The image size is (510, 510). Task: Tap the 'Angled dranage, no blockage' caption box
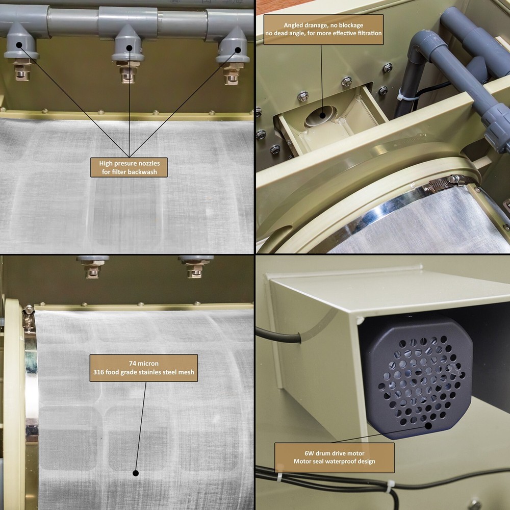click(323, 29)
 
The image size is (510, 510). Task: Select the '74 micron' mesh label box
click(144, 368)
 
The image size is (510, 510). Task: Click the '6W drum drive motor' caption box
click(334, 457)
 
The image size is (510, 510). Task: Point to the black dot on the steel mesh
click(136, 473)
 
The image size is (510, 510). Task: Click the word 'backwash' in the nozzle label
click(144, 172)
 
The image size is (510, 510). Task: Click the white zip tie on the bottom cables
click(391, 485)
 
